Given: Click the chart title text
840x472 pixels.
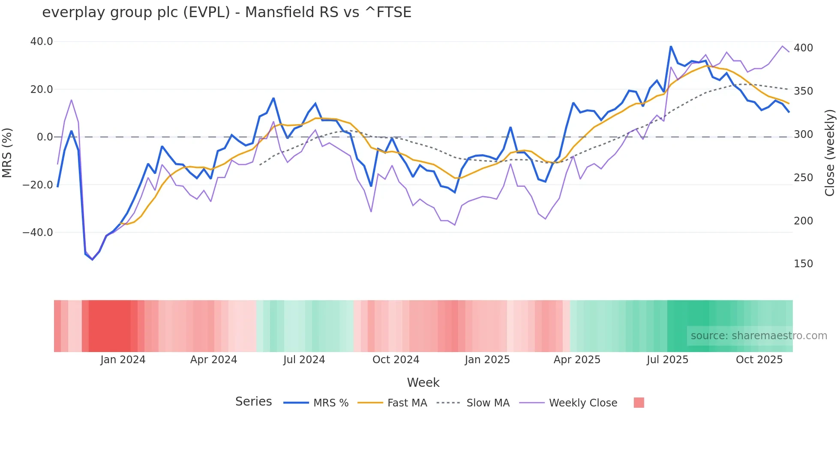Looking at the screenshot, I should click(x=227, y=12).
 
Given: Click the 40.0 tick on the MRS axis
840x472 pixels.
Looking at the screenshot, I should click(x=42, y=42).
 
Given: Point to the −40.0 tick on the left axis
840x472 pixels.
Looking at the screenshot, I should click(x=38, y=233).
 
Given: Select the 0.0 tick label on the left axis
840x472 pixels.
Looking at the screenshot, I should click(x=45, y=137).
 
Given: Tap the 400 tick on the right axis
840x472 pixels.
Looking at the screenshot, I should click(x=803, y=48).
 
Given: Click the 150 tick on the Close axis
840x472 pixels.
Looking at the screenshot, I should click(x=803, y=264).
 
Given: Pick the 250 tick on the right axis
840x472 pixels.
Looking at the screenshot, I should click(x=803, y=177).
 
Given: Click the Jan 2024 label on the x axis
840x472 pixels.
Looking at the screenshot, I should click(x=123, y=360).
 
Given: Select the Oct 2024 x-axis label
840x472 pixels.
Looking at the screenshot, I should click(x=396, y=360).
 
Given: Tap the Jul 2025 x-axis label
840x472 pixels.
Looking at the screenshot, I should click(x=667, y=360).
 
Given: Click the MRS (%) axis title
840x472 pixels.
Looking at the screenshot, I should click(x=7, y=152).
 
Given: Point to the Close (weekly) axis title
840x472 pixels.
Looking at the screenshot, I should click(x=830, y=152).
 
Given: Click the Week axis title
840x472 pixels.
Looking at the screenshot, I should click(x=423, y=382).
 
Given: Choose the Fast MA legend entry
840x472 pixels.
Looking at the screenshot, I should click(x=407, y=403).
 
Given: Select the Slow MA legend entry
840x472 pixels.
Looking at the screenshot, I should click(x=488, y=403).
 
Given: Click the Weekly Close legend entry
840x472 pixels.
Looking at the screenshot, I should click(x=583, y=403).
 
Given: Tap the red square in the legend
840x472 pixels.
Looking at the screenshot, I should click(x=639, y=403).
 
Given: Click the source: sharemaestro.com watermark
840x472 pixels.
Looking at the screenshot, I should click(x=759, y=336).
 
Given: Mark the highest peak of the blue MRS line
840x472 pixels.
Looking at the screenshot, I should click(x=671, y=46).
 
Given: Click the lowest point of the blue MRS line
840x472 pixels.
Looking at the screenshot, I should click(x=92, y=260).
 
